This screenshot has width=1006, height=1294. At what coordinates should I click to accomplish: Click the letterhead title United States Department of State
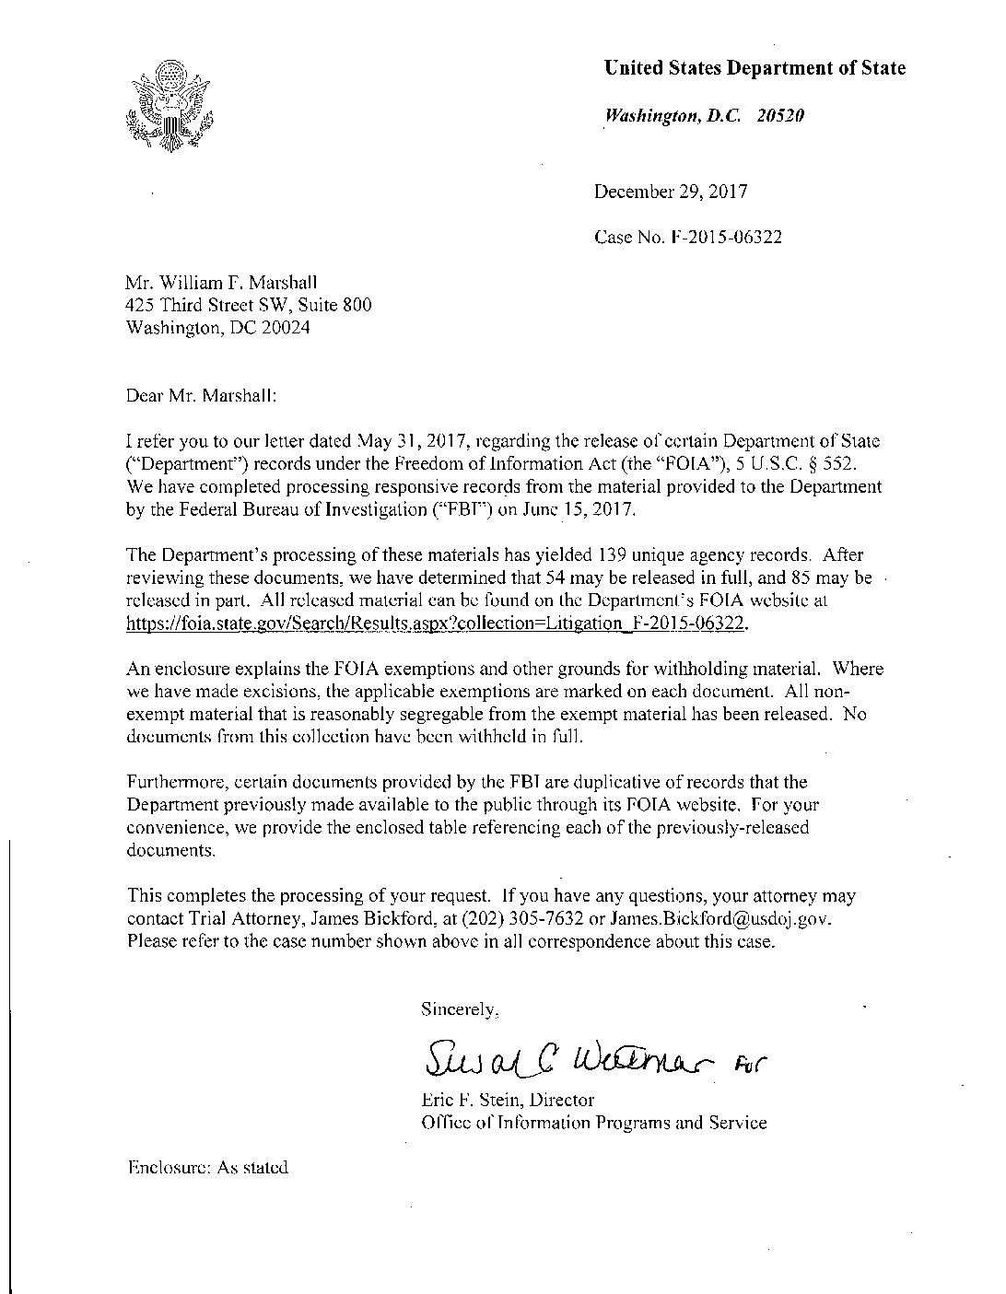click(754, 68)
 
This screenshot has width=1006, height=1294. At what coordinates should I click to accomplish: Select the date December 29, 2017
click(671, 192)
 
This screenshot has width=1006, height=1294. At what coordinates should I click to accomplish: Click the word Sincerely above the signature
click(459, 1008)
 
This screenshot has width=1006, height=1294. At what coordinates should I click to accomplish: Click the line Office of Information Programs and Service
click(593, 1122)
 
